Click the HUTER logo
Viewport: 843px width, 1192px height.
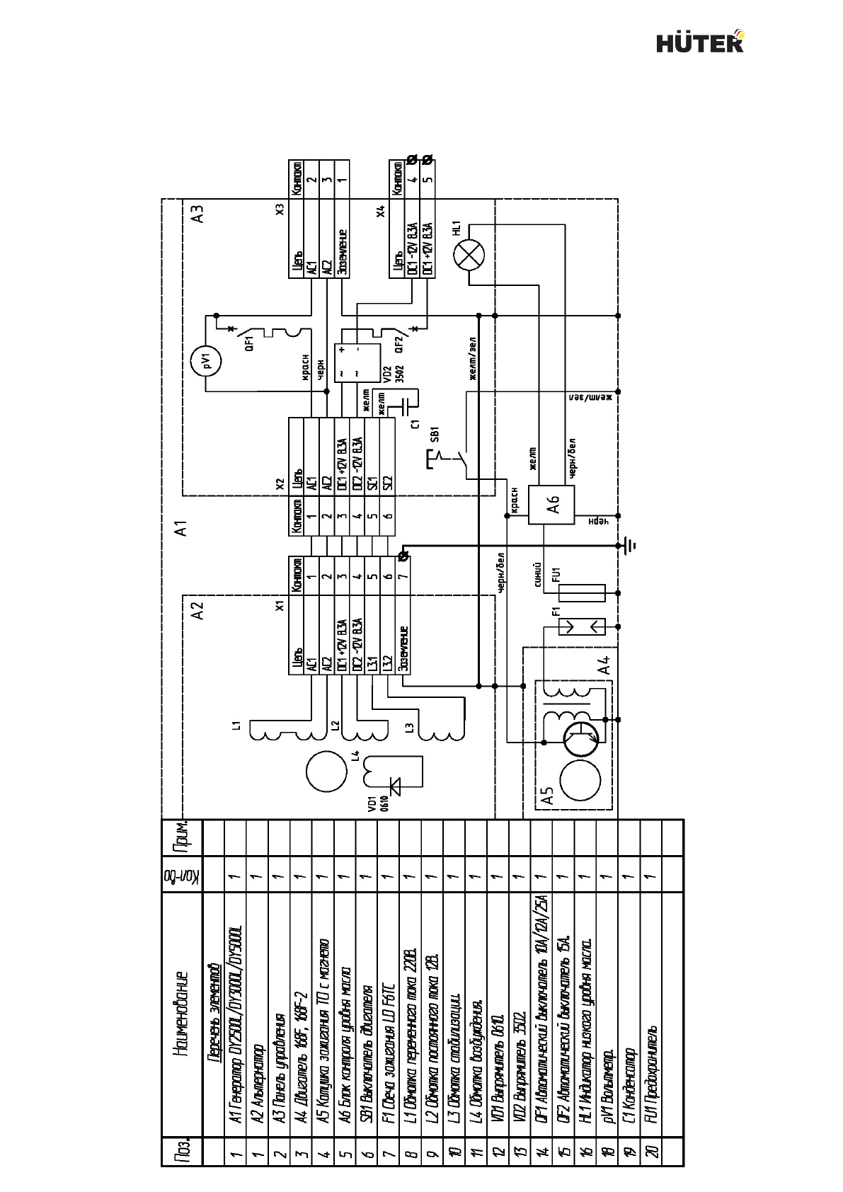pyautogui.click(x=700, y=42)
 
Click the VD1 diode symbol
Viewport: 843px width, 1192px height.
pyautogui.click(x=394, y=784)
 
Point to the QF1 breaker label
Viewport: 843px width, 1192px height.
pyautogui.click(x=249, y=344)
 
